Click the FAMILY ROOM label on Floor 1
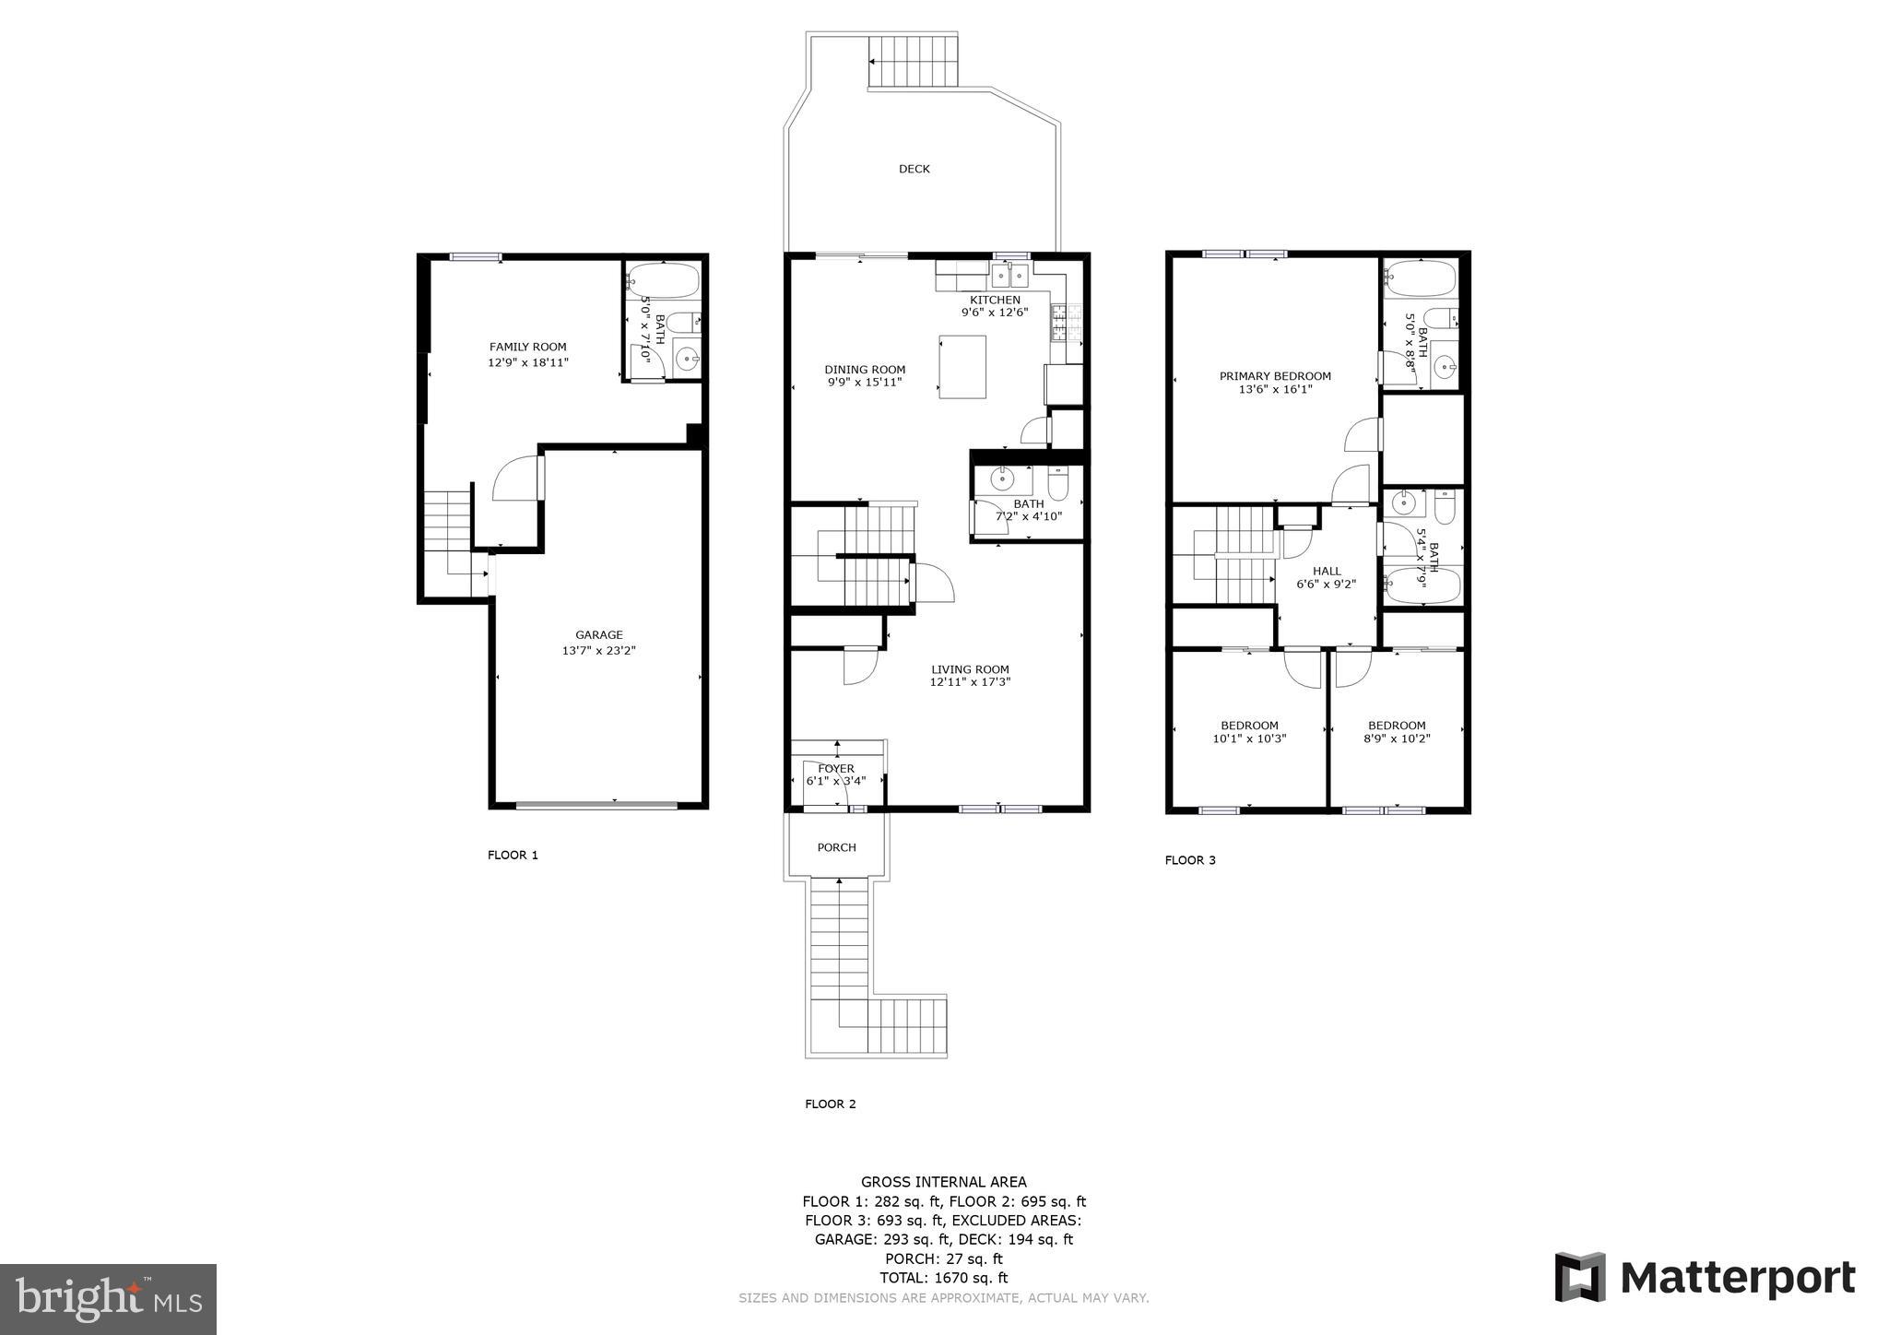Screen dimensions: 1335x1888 [527, 348]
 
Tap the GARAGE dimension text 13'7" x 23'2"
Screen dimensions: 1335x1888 [598, 651]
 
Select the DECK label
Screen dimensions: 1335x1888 [914, 169]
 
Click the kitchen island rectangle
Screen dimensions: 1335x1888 [962, 367]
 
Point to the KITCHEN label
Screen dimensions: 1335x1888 [995, 300]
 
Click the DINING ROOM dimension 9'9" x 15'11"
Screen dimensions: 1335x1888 [864, 383]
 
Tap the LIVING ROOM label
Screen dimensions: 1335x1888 [969, 669]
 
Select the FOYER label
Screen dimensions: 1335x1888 [835, 768]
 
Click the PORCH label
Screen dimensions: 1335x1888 [836, 847]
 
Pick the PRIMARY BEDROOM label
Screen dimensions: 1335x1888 [1275, 376]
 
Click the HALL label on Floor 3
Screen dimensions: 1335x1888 [1327, 571]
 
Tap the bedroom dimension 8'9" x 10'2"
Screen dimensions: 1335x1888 [1397, 738]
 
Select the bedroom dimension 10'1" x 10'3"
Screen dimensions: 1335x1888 [1249, 738]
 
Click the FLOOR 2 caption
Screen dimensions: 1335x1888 [830, 1104]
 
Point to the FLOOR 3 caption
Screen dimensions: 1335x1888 [1190, 860]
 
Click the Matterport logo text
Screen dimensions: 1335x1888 [1737, 1279]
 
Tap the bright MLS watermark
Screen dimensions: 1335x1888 [108, 1299]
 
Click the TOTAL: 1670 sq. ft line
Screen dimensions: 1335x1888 [943, 1278]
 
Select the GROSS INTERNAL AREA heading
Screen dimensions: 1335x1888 [943, 1182]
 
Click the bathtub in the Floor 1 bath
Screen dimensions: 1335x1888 [662, 279]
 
